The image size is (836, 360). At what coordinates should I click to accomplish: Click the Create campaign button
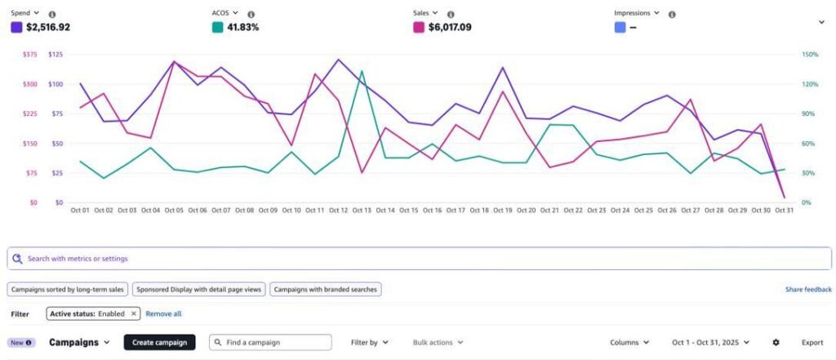click(x=160, y=342)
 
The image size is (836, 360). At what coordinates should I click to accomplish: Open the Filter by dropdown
click(x=369, y=342)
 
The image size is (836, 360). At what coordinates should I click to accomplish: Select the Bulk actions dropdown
click(x=438, y=342)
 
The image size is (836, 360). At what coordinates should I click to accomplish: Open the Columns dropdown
click(x=629, y=342)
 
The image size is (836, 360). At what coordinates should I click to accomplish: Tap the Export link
click(x=812, y=342)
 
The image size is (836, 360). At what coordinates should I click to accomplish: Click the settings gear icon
click(x=776, y=342)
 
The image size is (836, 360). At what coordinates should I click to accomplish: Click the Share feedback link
click(x=808, y=289)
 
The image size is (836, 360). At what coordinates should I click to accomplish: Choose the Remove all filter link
click(x=163, y=313)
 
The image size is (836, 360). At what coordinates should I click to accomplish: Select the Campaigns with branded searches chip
click(x=325, y=289)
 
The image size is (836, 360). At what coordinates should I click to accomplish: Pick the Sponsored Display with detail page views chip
click(x=198, y=289)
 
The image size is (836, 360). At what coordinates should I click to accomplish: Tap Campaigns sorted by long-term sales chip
click(x=68, y=289)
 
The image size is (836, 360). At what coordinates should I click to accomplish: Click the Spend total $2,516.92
click(x=48, y=27)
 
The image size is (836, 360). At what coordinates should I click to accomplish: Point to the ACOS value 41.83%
click(x=243, y=27)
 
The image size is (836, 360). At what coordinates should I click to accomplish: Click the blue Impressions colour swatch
click(x=620, y=27)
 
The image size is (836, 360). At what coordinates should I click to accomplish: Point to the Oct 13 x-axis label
click(x=361, y=211)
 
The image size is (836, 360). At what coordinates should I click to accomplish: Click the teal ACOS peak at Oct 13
click(x=362, y=71)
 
